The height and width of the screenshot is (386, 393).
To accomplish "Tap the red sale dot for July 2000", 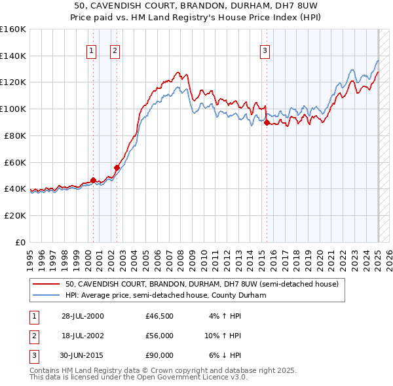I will [x=93, y=180].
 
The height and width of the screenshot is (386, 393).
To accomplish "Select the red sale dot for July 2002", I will [x=117, y=167].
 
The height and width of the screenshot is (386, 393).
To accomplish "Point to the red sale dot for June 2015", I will [x=267, y=122].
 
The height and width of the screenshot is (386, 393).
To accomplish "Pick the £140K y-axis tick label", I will [x=13, y=56].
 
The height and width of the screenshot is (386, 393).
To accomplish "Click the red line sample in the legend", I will [x=47, y=285].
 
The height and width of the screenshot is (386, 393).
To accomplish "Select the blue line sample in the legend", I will [x=47, y=295].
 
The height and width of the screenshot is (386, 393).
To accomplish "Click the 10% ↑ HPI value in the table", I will [x=223, y=336].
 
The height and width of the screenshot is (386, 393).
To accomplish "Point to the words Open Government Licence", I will [x=196, y=377].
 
